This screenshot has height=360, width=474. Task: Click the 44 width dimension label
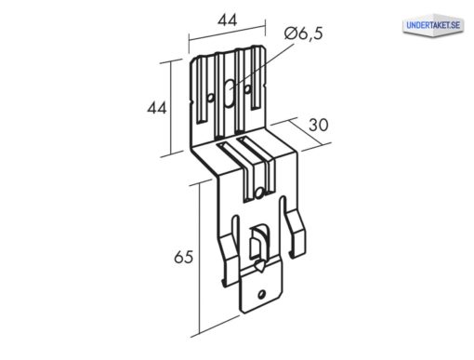pos(227,20)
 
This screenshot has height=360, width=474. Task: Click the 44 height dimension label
pos(157,108)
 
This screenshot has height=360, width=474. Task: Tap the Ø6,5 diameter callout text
pos(303,33)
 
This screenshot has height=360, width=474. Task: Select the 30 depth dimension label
pos(319,126)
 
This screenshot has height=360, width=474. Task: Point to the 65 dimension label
pos(183,257)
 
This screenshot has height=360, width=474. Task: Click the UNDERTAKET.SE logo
pos(433,25)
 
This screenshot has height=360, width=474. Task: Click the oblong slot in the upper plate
pos(229,93)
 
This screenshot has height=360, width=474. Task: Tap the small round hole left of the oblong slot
pos(210,98)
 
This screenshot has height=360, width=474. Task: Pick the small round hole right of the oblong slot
pos(247,89)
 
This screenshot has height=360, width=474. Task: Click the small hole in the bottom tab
pos(261,294)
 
